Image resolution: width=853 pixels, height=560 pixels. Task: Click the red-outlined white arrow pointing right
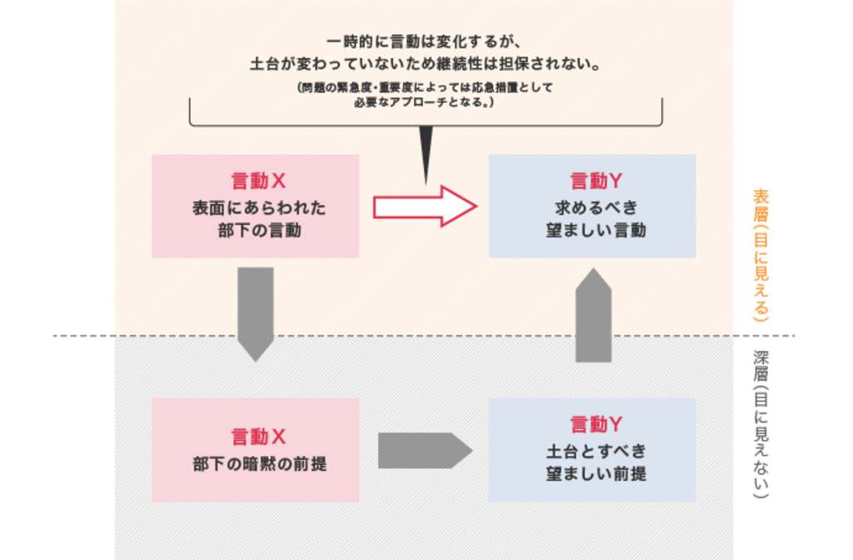[x=425, y=207]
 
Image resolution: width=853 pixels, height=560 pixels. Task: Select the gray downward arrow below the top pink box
[x=255, y=314]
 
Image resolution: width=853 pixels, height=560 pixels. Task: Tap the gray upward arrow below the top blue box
[x=593, y=314]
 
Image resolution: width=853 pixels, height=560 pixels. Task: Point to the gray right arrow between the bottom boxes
[x=425, y=451]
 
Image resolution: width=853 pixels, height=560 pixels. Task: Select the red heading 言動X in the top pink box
[x=258, y=181]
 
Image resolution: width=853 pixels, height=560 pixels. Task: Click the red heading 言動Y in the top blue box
[x=596, y=181]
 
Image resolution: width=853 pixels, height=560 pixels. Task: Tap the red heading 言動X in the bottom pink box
[x=258, y=437]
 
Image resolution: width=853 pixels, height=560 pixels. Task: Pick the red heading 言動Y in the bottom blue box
[x=596, y=424]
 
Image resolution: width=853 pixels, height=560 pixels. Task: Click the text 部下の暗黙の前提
[x=260, y=464]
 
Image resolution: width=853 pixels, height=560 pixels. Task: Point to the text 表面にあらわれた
[x=259, y=207]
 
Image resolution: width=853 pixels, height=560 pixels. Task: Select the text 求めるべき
[x=596, y=207]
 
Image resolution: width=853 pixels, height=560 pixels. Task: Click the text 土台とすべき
[x=596, y=451]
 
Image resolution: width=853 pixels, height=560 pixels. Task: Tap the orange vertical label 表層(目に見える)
[x=761, y=255]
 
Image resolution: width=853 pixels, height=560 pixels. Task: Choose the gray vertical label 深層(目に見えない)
[x=761, y=424]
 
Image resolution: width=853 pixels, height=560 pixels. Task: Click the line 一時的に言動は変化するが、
[x=424, y=42]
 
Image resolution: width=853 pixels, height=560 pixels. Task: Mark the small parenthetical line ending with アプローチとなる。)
[x=424, y=102]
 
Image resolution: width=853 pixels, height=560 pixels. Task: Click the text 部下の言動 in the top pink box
[x=260, y=231]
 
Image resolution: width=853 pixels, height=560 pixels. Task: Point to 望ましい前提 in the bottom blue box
[x=596, y=474]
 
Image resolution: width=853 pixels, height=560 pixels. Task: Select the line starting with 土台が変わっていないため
[x=425, y=64]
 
